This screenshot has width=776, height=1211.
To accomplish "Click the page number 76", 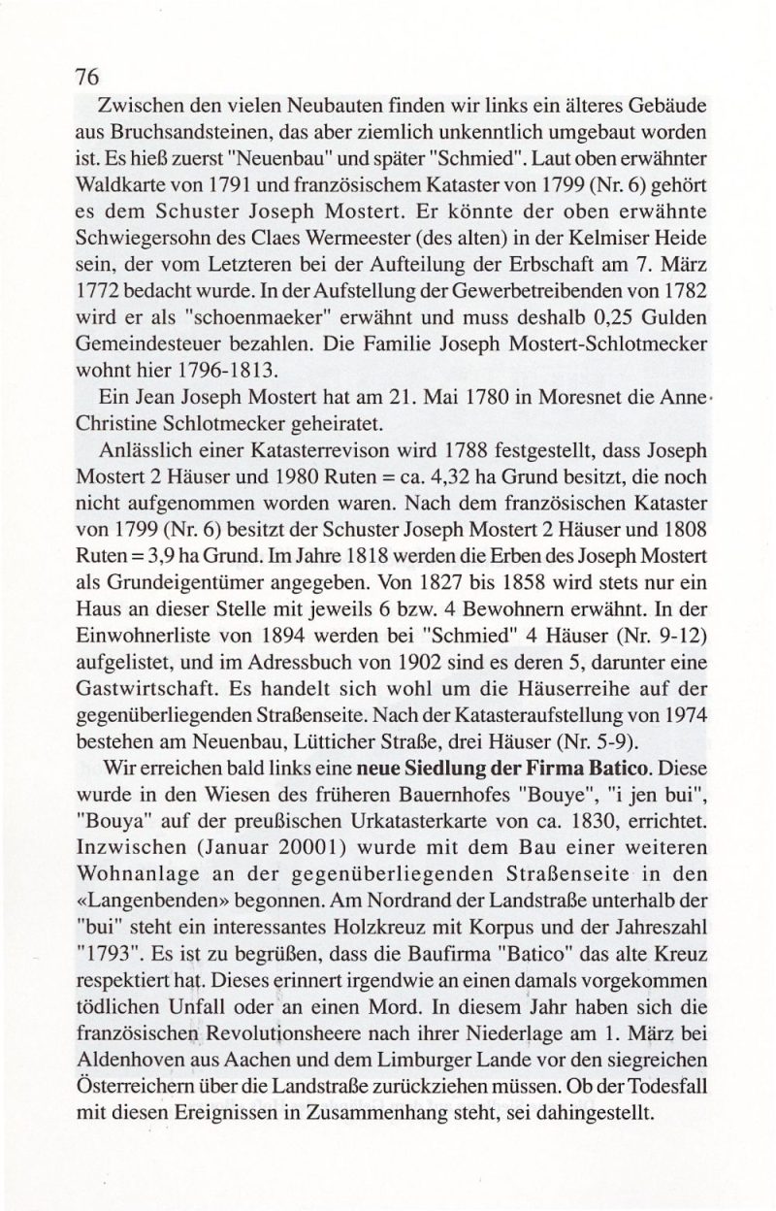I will [x=88, y=77].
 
